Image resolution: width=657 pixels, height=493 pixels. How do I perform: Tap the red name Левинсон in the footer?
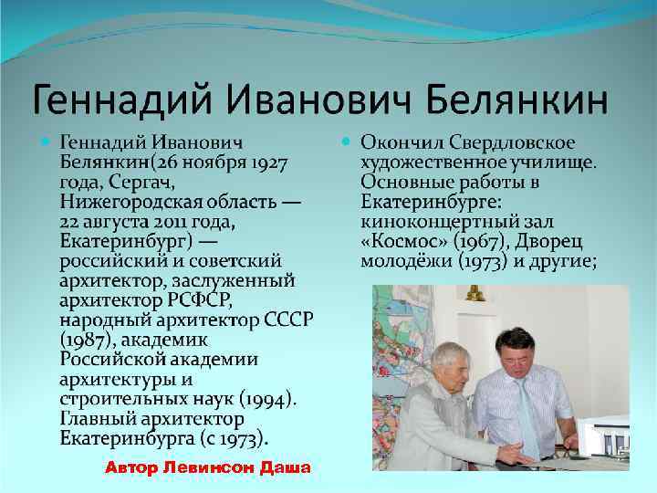tap(208, 468)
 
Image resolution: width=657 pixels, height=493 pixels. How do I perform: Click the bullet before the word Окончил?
tap(346, 143)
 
